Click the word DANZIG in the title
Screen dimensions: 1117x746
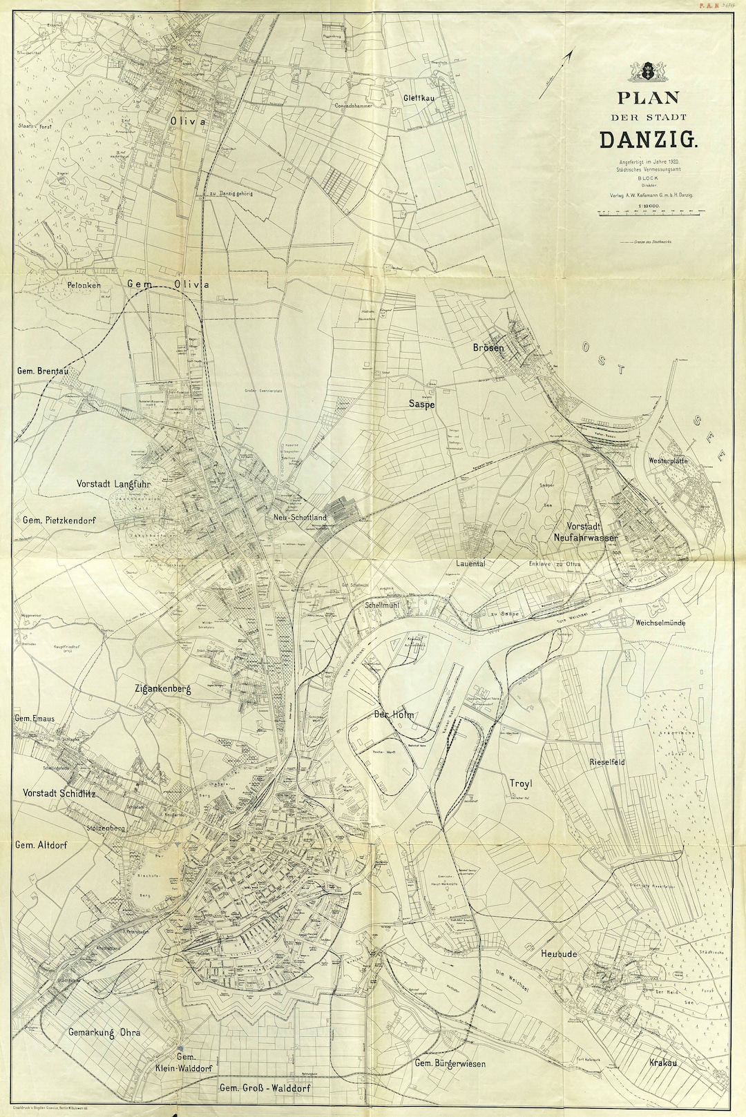(x=649, y=139)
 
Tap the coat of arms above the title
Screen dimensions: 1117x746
(x=649, y=70)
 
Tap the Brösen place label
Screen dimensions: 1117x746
(x=488, y=348)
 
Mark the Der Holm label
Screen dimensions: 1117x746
(x=393, y=715)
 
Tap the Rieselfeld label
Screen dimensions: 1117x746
(x=607, y=762)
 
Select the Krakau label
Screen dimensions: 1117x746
(x=662, y=1062)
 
